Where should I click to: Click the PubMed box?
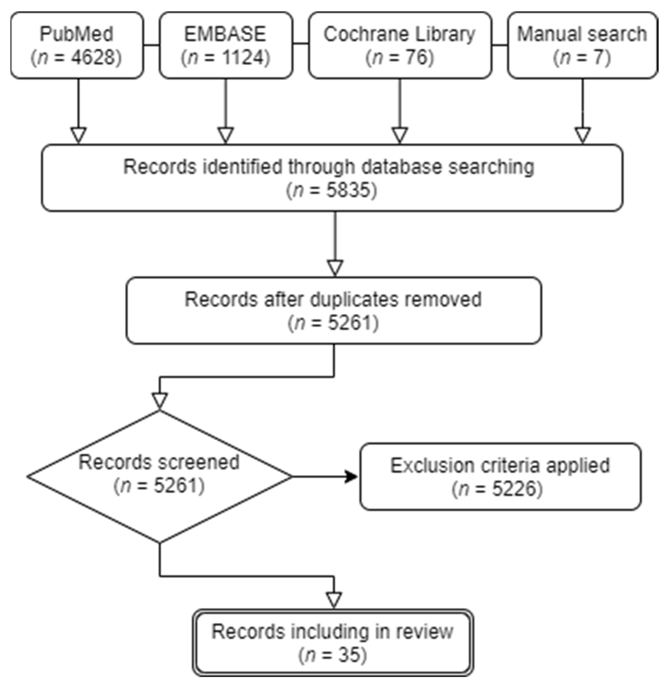click(x=77, y=45)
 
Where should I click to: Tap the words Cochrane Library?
click(x=399, y=34)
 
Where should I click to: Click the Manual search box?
click(x=582, y=45)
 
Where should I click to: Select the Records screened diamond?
click(x=159, y=476)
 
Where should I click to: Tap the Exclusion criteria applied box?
click(x=500, y=476)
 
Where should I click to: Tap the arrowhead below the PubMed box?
click(x=78, y=135)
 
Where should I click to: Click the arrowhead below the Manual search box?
click(x=583, y=135)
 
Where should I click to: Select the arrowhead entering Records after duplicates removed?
click(x=335, y=268)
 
